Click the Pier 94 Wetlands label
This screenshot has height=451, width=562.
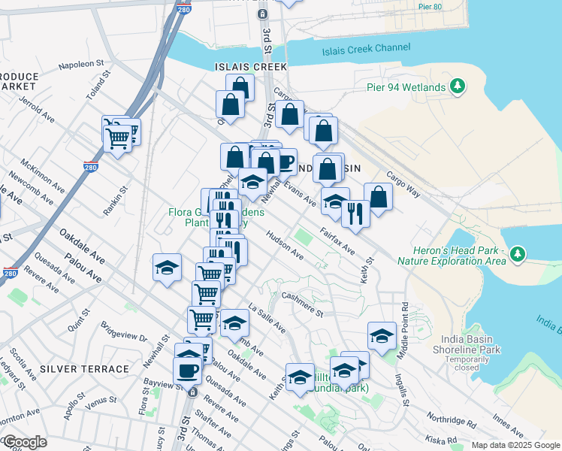coord(406,87)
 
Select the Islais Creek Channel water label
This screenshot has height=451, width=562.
coord(366,50)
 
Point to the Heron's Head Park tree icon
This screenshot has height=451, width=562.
coord(517,255)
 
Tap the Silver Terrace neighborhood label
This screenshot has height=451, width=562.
coord(84,369)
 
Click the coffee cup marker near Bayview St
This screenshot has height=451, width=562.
coord(187,370)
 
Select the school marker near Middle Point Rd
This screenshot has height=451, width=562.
coord(382,335)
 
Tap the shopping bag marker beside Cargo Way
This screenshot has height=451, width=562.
coord(379,197)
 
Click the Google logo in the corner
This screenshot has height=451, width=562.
coord(26,442)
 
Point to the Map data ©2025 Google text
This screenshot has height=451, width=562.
coord(514,445)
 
